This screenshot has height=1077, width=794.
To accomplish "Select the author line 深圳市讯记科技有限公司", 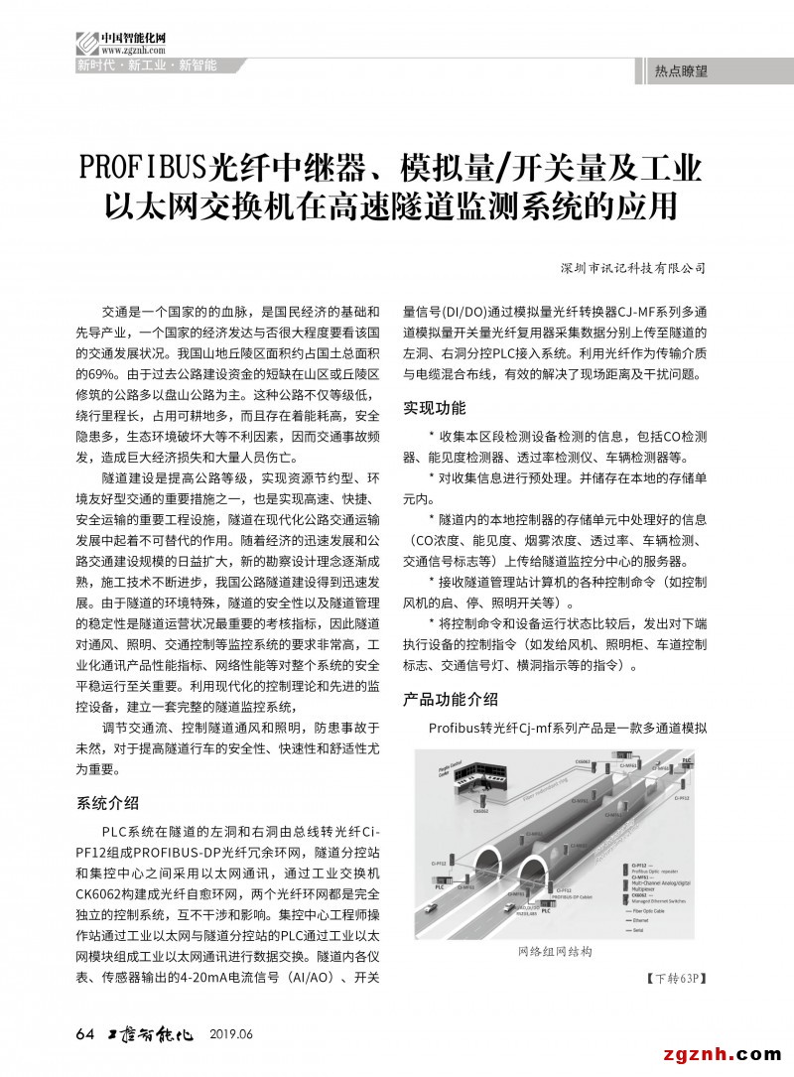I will click(x=632, y=267).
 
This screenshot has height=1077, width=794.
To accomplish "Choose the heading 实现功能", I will click(x=434, y=408).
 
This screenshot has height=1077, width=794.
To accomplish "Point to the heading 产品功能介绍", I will click(x=450, y=700).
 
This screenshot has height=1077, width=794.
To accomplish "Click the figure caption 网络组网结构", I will click(x=555, y=952).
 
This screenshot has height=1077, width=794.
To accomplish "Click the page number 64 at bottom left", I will click(x=84, y=1034).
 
